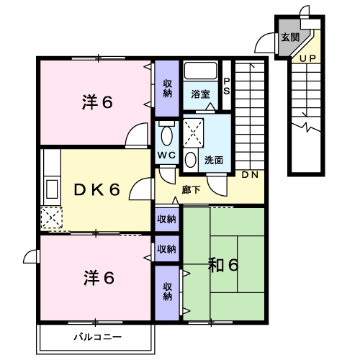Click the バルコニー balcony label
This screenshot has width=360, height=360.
point(97,336)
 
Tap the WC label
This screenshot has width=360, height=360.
point(166,155)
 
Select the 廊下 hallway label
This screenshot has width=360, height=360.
point(192,190)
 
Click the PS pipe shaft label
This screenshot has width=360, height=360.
point(227,86)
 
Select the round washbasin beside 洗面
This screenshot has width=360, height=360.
point(190,159)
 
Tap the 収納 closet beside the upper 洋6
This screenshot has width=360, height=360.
point(167,88)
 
